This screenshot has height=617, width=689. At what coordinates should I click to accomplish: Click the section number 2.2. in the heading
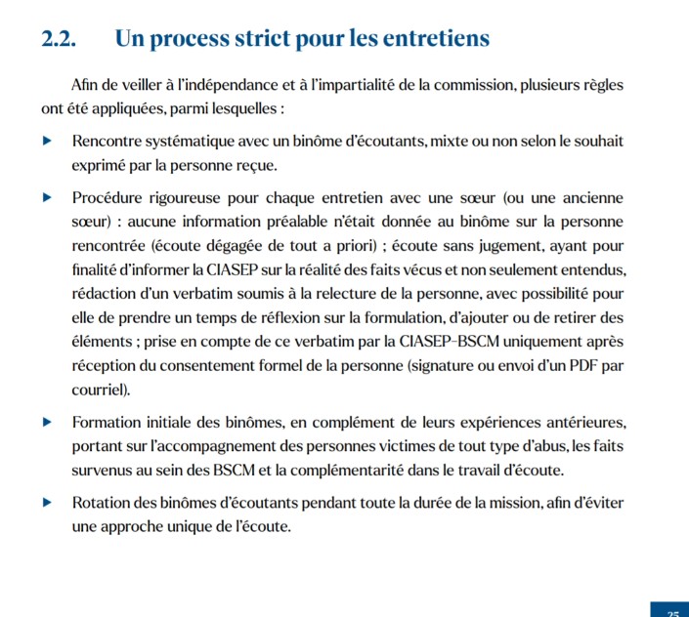coord(62,39)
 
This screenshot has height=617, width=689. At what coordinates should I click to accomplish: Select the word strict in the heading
coord(283,39)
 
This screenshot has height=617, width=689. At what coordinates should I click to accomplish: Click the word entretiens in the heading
coord(432,39)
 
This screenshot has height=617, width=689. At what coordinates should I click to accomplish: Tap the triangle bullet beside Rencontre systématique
coord(47,142)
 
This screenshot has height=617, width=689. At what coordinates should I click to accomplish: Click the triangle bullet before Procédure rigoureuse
coord(47,198)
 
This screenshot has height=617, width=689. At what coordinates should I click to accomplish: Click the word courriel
coord(101,389)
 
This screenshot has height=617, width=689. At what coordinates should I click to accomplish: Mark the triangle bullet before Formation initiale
coord(47,423)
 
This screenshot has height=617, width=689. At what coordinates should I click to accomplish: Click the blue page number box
coord(670,609)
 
